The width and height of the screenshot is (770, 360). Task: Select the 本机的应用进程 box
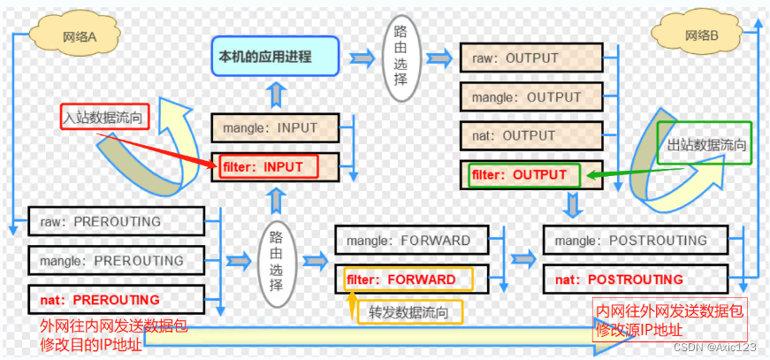click(274, 57)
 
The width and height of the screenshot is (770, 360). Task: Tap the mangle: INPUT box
click(276, 127)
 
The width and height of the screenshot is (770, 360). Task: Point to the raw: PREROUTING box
click(116, 221)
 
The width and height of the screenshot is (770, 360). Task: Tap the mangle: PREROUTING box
click(116, 261)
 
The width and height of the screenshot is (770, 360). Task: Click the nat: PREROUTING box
click(116, 299)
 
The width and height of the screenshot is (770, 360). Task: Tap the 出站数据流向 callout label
click(703, 144)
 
